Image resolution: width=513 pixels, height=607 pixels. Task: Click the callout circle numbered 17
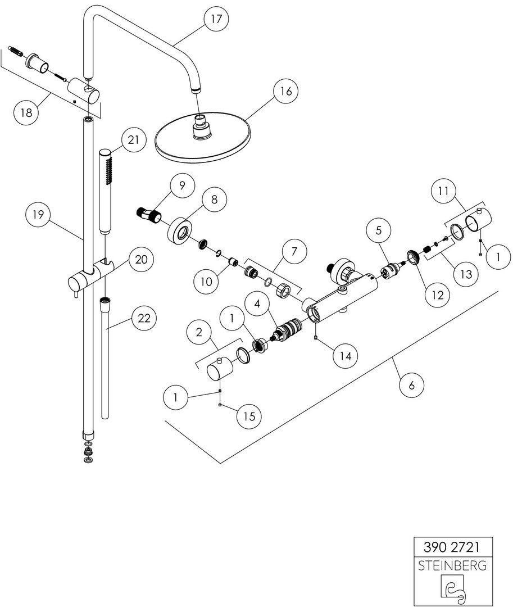216,19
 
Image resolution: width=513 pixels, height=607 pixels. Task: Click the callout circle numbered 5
379,230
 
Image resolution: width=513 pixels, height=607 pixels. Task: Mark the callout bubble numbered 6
411,385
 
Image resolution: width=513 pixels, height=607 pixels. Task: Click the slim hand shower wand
106,191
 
